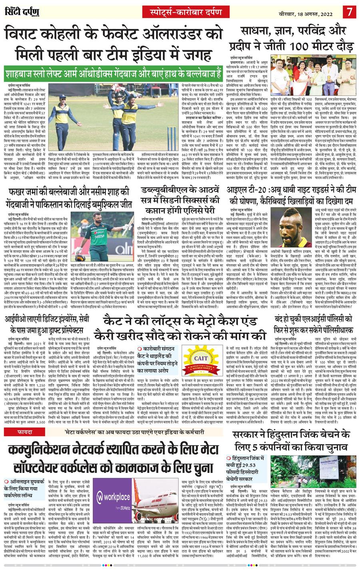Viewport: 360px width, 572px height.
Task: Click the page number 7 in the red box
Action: pyautogui.click(x=349, y=10)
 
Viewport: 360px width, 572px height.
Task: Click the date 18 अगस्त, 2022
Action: pyautogui.click(x=305, y=10)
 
